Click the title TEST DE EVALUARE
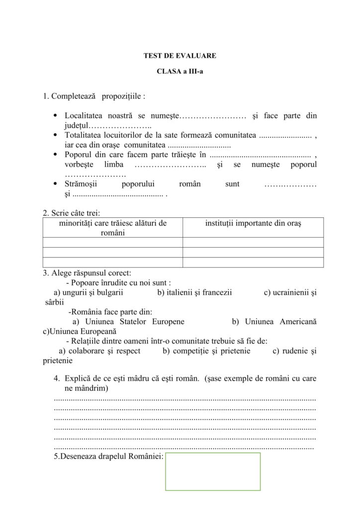[180, 56]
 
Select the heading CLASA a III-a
[180, 71]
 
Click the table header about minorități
[113, 228]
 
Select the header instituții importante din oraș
[253, 223]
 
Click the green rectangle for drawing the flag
[213, 471]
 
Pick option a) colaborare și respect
[99, 351]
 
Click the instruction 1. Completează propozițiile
[94, 95]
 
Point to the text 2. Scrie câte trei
[72, 213]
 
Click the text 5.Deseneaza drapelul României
[109, 456]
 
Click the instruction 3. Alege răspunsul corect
[87, 272]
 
